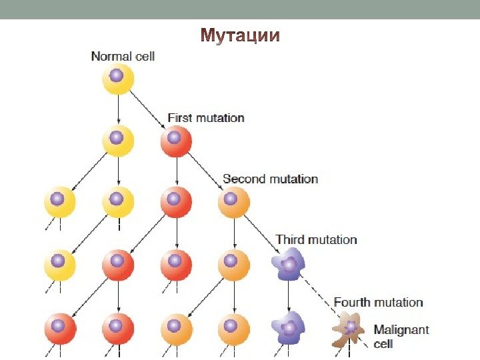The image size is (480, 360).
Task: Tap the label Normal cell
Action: (123, 57)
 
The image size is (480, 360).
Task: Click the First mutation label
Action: (205, 118)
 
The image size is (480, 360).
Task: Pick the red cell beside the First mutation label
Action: (175, 140)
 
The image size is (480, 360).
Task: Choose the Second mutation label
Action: (270, 179)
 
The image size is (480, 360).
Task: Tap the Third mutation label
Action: (316, 239)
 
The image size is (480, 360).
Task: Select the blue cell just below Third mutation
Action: (288, 265)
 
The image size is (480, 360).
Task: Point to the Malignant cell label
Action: (401, 336)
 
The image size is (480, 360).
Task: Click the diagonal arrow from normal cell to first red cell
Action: (147, 108)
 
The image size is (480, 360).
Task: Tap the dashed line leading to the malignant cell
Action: (320, 293)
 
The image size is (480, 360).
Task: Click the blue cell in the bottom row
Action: (288, 328)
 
